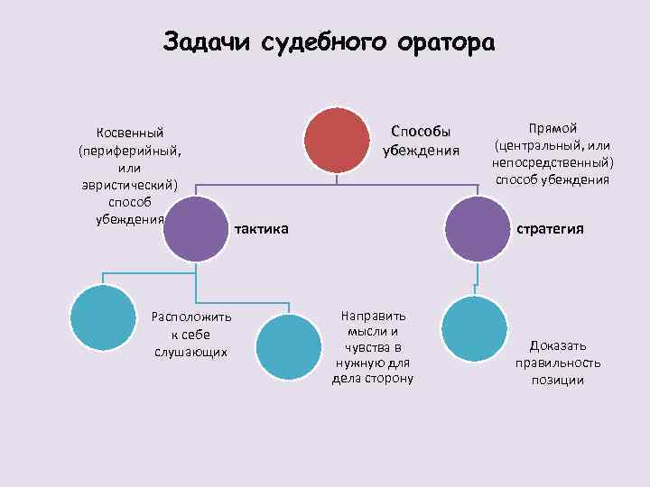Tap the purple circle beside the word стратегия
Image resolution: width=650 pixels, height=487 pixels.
tap(478, 229)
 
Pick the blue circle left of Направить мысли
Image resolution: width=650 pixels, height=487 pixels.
tap(289, 345)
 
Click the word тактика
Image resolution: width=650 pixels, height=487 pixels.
tap(262, 229)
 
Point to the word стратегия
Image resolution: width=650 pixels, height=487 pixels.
tap(550, 229)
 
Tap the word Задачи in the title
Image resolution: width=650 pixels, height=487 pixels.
tap(210, 42)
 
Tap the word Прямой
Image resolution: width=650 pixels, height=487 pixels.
tap(552, 128)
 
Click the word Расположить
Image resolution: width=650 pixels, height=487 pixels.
tap(191, 317)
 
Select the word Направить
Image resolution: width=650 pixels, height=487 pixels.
tap(373, 316)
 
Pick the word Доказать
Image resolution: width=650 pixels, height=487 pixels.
tap(558, 345)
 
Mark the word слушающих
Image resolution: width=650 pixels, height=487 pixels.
tap(191, 351)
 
